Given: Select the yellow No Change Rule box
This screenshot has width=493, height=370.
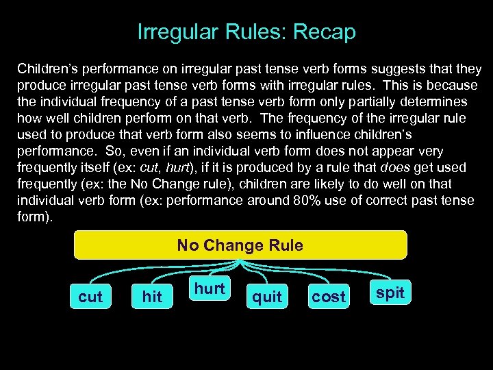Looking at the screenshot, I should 240,245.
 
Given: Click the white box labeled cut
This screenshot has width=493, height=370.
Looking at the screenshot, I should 90,297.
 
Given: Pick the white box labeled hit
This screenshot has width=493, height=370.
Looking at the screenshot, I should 152,297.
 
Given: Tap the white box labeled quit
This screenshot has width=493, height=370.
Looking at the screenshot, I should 267,297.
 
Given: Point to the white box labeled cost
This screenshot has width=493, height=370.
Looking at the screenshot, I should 329,297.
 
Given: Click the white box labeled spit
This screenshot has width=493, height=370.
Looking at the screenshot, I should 390,293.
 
